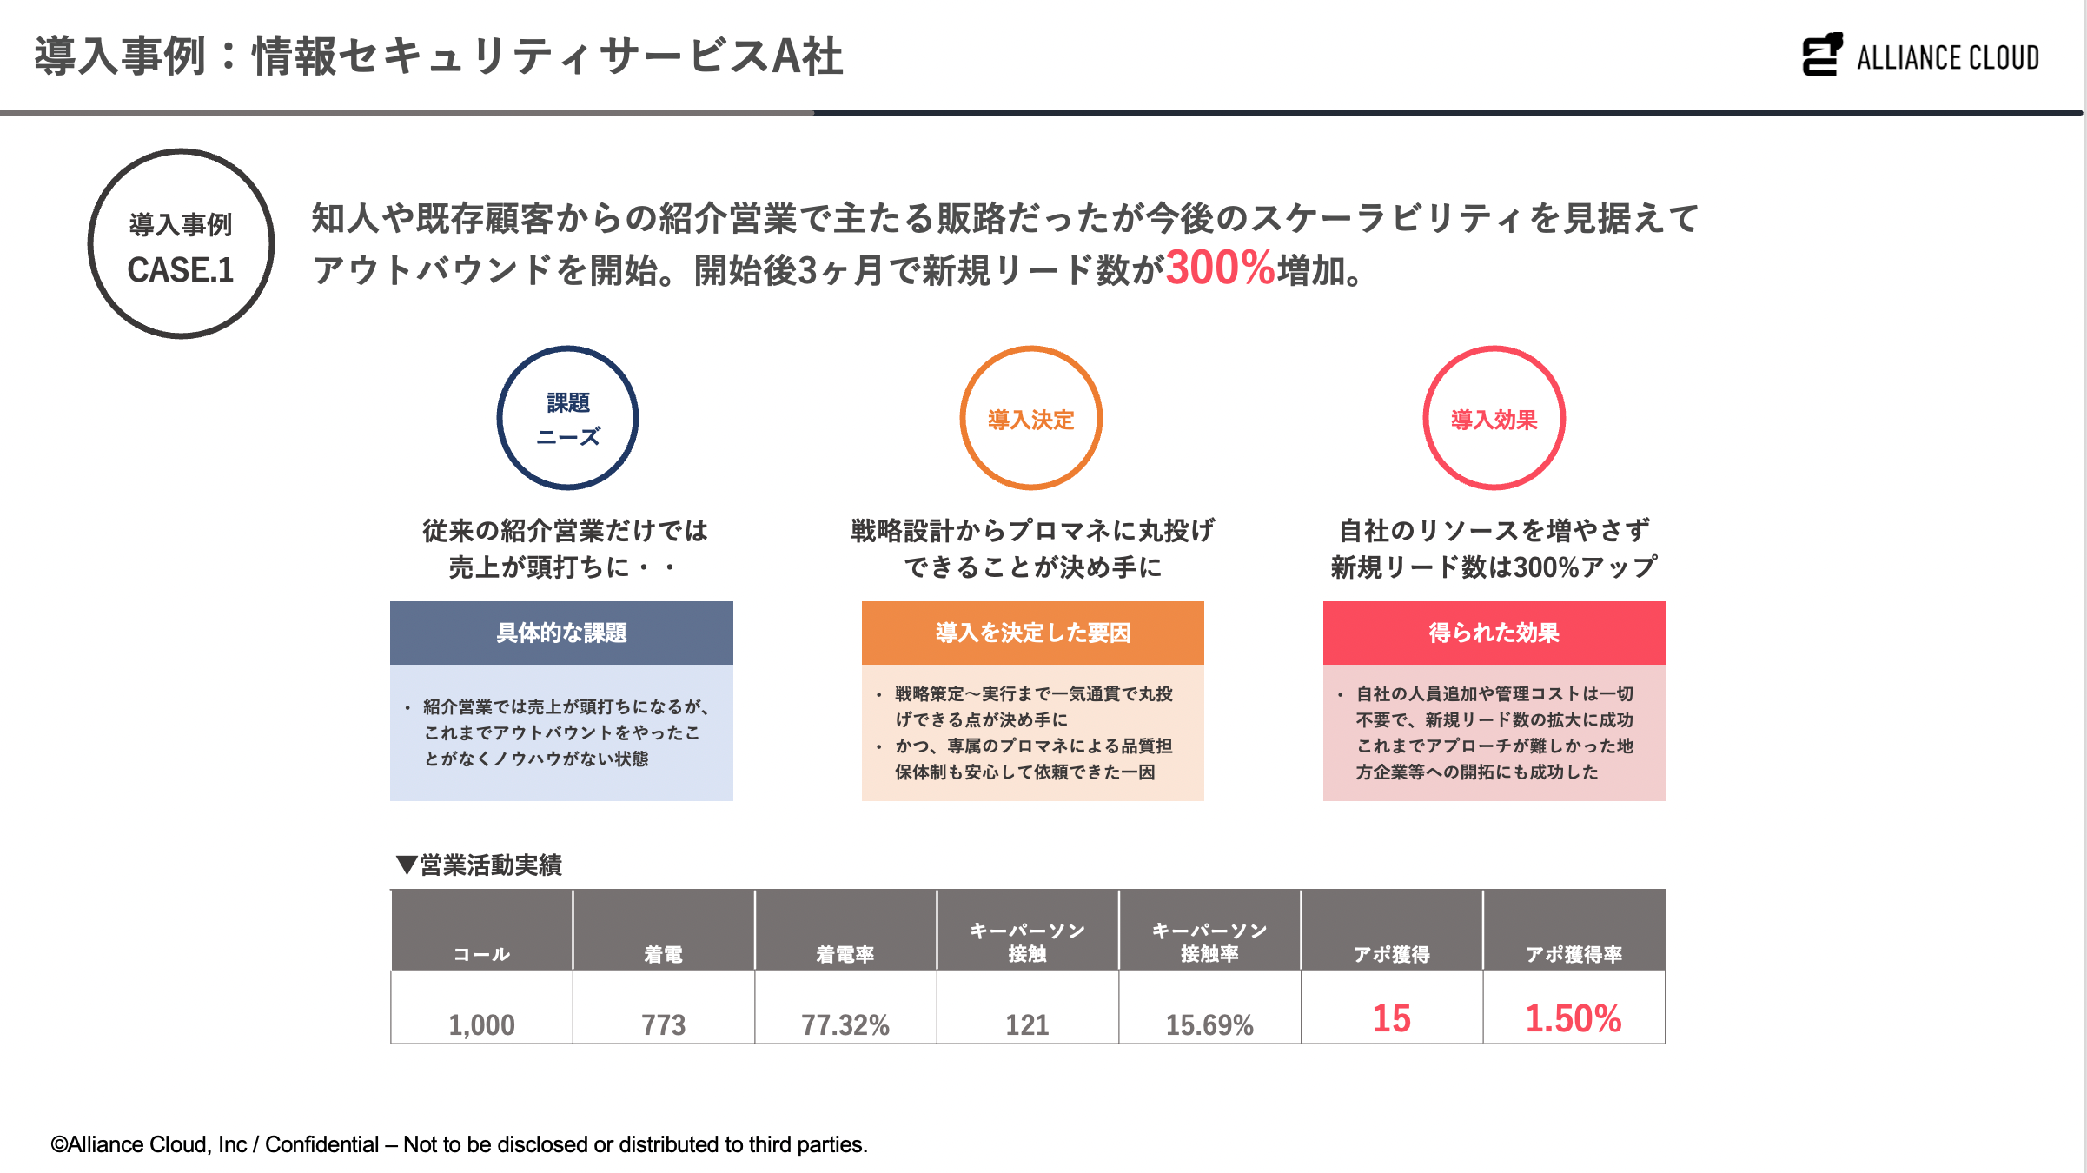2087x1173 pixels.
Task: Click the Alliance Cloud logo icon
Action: click(1822, 55)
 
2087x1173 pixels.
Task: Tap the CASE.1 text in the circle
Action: click(181, 270)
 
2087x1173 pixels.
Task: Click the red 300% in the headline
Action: click(1219, 268)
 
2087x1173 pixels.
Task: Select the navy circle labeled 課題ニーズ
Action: click(567, 418)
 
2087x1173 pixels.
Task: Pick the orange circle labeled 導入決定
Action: click(1030, 418)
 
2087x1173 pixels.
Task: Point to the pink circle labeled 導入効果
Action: click(1494, 418)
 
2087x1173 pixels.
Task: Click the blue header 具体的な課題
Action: click(561, 633)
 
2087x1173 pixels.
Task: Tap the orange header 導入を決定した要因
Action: click(1032, 633)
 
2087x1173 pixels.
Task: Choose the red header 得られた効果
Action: click(1494, 633)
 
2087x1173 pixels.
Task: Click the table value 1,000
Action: click(481, 1025)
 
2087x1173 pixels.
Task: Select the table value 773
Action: click(663, 1025)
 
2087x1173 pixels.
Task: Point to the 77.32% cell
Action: click(845, 1025)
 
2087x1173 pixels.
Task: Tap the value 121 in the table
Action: click(1027, 1025)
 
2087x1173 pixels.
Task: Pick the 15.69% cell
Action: click(1209, 1025)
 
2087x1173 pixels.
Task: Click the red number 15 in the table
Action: click(1391, 1018)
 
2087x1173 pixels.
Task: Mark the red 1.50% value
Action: click(1574, 1018)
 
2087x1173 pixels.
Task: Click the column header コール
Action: click(481, 954)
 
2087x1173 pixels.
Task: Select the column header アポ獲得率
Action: click(1574, 954)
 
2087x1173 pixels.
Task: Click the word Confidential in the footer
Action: click(321, 1144)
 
